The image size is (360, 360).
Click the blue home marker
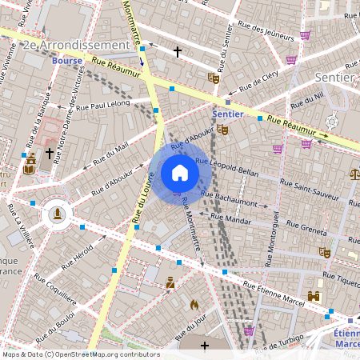click(180, 173)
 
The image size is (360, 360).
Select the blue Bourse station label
click(67, 61)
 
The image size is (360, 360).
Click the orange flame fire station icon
click(194, 304)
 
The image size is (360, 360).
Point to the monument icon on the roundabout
click(56, 213)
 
